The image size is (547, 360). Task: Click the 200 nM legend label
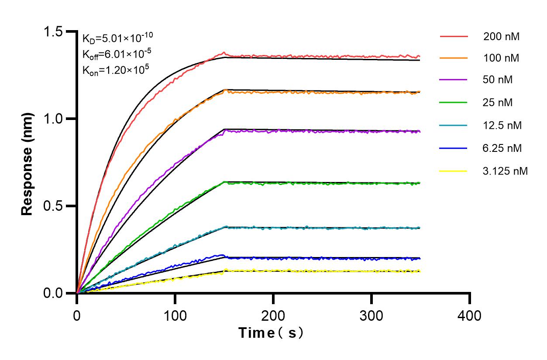coord(501,37)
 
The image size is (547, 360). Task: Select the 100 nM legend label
coord(501,58)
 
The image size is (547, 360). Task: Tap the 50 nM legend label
coord(498,80)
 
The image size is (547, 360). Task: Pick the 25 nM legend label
coord(498,103)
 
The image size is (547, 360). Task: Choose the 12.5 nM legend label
coord(502,126)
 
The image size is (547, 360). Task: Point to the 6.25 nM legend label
coord(502,148)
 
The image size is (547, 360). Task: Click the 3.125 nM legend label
coord(506,171)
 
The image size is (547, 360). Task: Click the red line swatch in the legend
coord(454,36)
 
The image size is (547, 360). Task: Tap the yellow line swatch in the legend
coord(454,171)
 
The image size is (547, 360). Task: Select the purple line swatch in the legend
coord(454,80)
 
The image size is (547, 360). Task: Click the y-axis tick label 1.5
coord(54,32)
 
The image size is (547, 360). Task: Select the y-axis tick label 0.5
coord(54,206)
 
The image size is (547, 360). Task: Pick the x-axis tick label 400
coord(470,315)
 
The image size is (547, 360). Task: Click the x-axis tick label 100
coord(175,315)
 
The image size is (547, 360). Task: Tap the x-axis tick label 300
coord(372,315)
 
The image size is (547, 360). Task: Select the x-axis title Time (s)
coord(271,333)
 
